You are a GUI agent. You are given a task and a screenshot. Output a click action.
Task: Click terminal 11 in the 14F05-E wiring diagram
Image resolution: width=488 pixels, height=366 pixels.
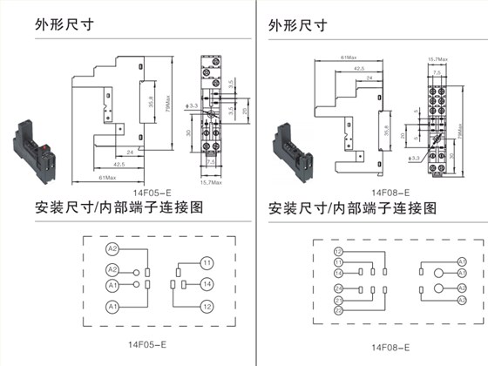[207, 262]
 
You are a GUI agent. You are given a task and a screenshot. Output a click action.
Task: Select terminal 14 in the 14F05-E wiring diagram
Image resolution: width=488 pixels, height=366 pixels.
[207, 284]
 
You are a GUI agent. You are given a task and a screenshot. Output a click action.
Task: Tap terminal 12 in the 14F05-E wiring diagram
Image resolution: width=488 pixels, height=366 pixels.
[207, 307]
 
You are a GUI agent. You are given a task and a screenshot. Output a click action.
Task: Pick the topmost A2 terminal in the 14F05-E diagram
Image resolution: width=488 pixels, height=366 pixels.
[112, 248]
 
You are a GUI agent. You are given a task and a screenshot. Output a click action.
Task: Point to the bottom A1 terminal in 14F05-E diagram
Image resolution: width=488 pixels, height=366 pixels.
[112, 307]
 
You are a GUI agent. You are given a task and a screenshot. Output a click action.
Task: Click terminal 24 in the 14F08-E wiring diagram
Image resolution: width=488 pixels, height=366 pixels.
[338, 288]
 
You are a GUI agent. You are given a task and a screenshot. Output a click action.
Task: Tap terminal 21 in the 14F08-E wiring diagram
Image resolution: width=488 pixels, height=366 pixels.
[338, 302]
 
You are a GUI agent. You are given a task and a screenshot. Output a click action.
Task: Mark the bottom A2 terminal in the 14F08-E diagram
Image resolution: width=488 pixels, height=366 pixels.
[463, 302]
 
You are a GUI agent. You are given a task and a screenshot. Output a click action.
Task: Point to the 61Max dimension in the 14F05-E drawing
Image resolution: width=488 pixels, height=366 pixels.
[106, 178]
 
